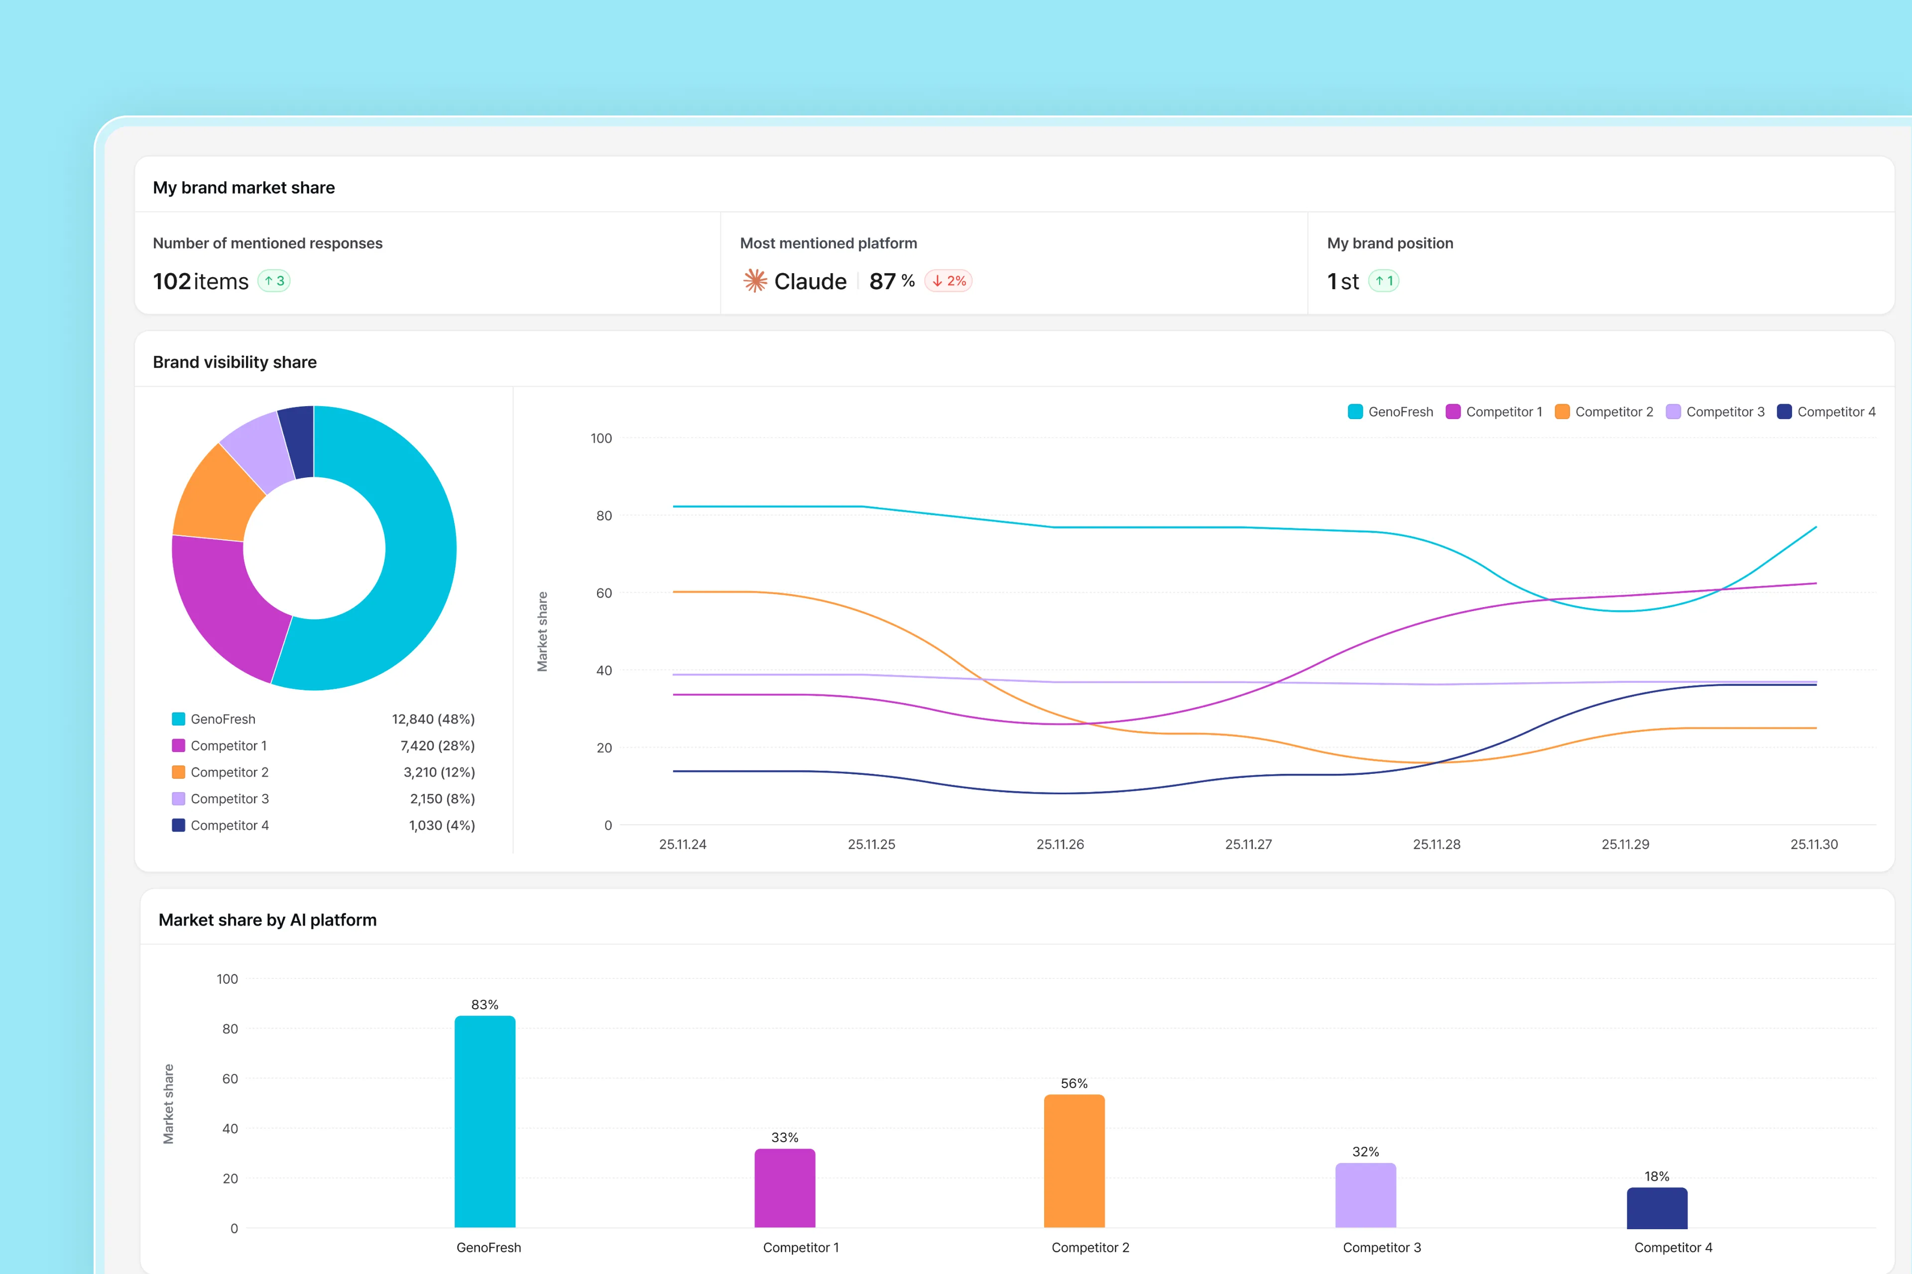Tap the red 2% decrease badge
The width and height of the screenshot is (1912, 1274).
tap(949, 281)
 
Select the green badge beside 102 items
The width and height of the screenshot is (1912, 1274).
tap(274, 281)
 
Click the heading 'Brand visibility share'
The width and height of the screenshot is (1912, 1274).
tap(235, 362)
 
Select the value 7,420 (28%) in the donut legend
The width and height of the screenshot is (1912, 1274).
tap(437, 746)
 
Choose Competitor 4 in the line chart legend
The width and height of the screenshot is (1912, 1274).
tap(1836, 412)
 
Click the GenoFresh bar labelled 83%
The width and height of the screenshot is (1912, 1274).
tap(484, 1121)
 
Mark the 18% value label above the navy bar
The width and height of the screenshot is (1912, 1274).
tap(1657, 1176)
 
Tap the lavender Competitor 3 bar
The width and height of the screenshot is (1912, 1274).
tap(1366, 1195)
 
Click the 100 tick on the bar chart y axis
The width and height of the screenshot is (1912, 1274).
tap(228, 979)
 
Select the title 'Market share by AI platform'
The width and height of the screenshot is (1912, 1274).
tap(267, 920)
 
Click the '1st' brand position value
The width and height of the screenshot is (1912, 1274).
tap(1343, 281)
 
